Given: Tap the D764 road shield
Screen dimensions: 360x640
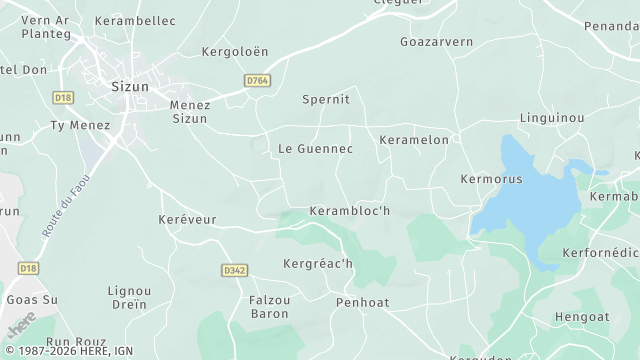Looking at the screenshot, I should (256, 81).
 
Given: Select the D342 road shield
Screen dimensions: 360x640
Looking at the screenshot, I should (233, 271).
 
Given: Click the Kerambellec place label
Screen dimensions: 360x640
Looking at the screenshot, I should (135, 21).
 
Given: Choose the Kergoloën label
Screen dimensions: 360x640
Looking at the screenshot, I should (235, 51).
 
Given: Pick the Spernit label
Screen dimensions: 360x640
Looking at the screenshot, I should (326, 100).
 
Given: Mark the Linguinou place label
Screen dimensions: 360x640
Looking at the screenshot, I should (551, 119).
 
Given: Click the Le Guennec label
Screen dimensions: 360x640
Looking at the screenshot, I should (315, 149).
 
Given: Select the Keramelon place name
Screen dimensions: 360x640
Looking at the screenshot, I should (414, 141).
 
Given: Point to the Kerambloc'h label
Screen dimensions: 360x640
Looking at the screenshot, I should (349, 211).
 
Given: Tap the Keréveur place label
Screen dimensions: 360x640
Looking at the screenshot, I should (187, 219).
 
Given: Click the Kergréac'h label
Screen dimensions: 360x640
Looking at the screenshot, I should (318, 264).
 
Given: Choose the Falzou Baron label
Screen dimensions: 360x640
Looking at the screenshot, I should (268, 306).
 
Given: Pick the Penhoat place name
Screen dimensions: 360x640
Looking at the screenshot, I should (362, 302).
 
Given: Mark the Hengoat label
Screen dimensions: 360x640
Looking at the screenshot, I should (581, 318).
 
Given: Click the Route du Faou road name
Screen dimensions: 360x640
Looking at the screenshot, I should (63, 204).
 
